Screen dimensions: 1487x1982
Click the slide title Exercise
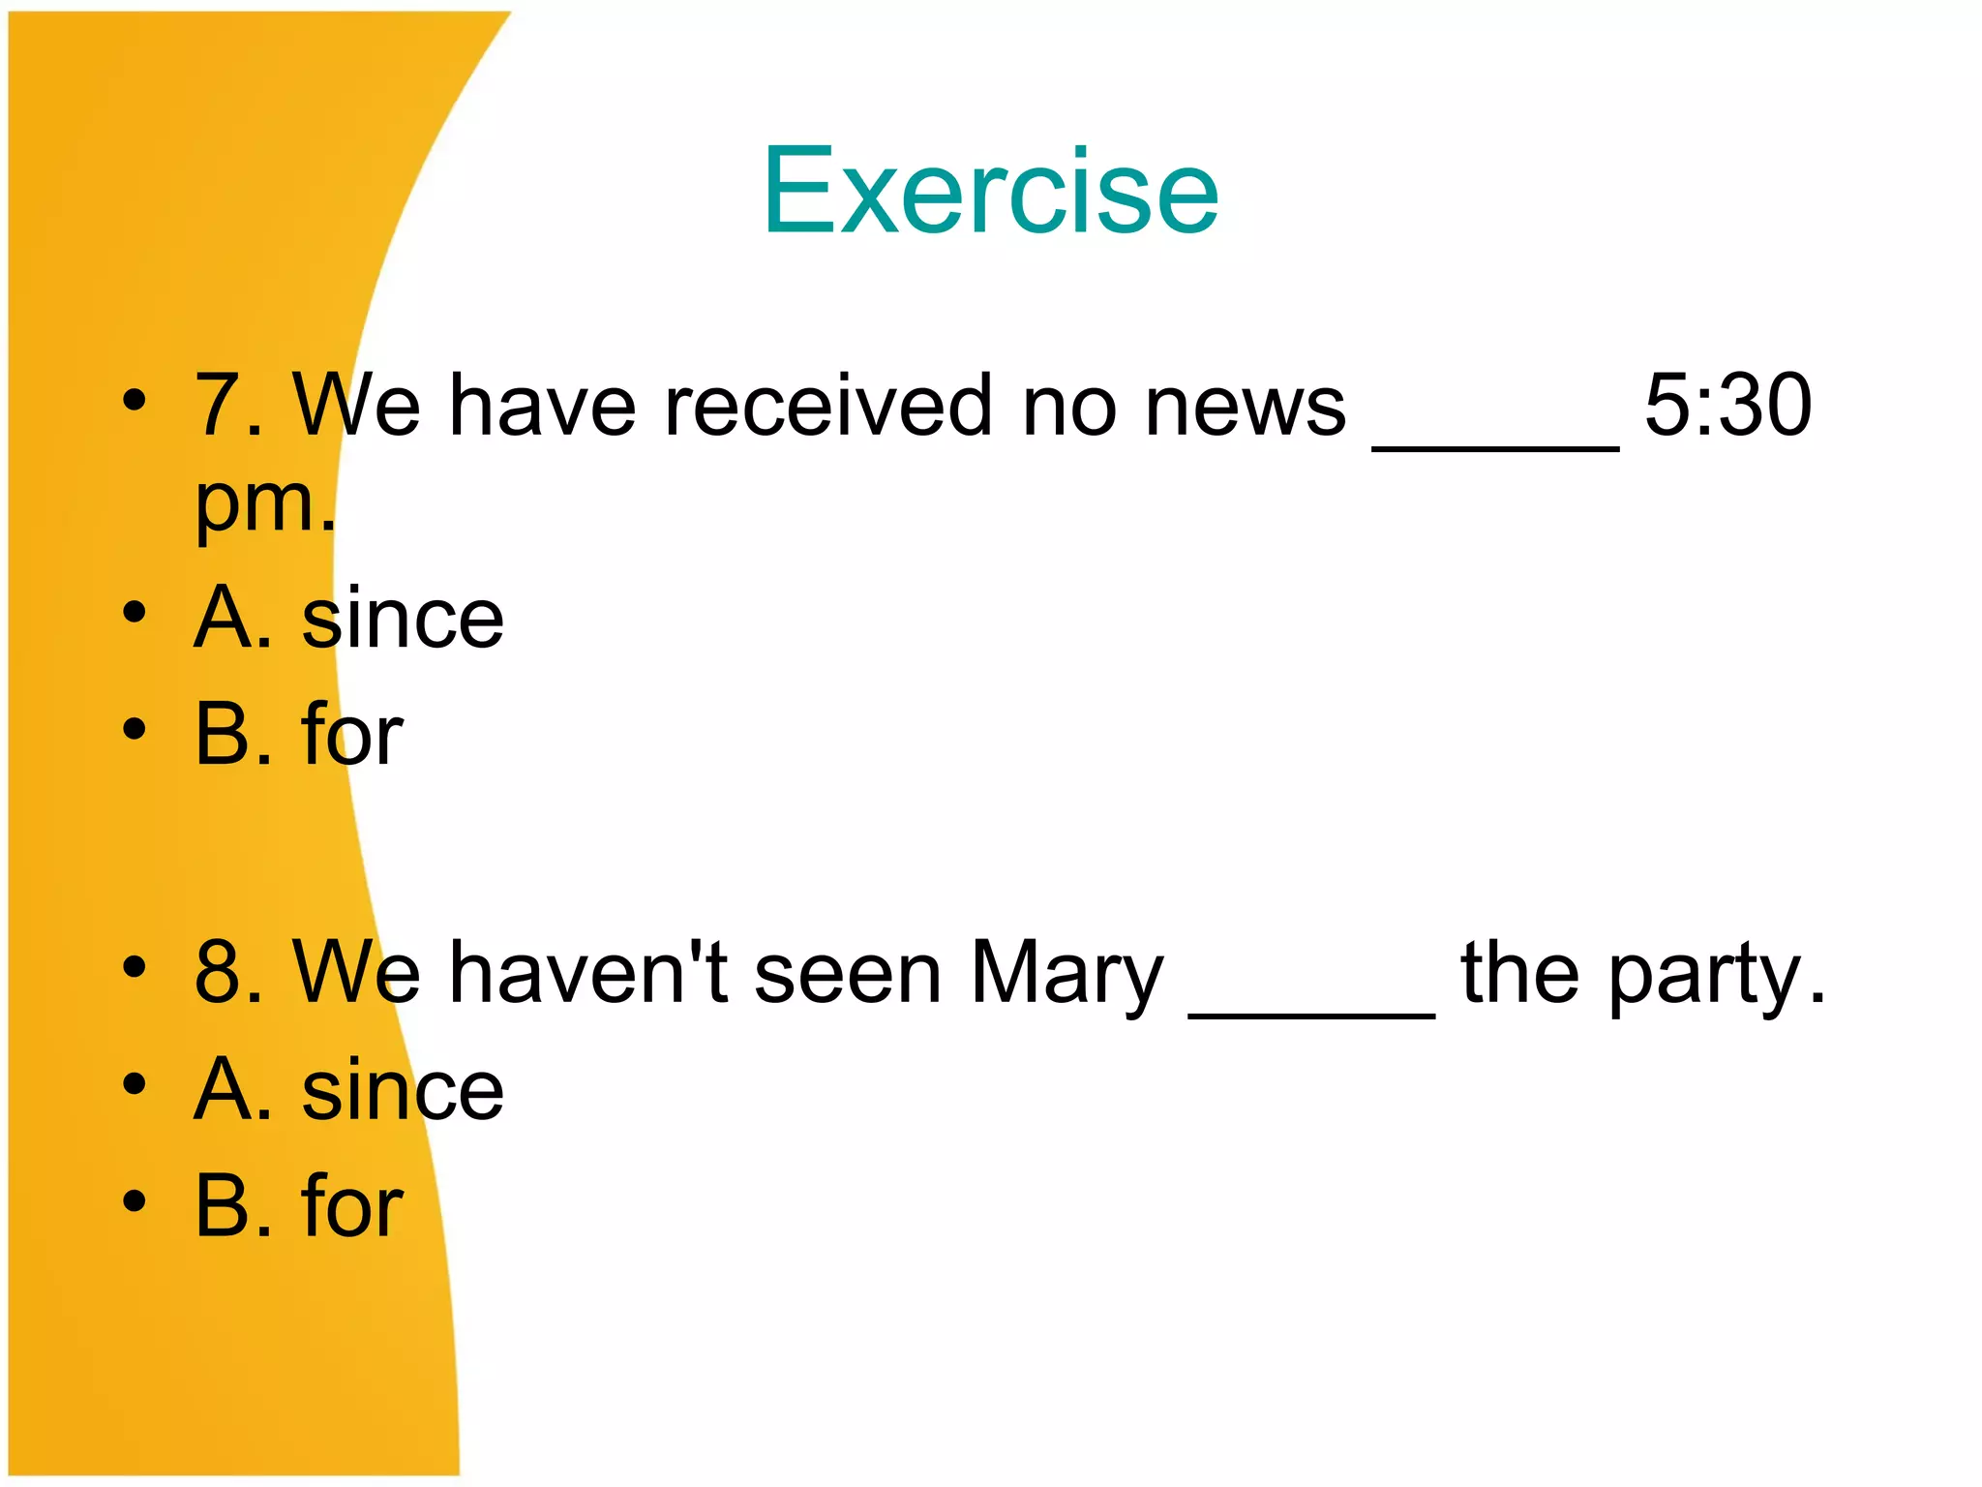pyautogui.click(x=990, y=191)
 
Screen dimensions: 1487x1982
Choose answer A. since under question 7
pyautogui.click(x=348, y=618)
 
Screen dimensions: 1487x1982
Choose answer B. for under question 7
pyautogui.click(x=298, y=735)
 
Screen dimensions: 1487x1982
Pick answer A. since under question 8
pyautogui.click(x=348, y=1090)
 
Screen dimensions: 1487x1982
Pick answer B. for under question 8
pyautogui.click(x=298, y=1206)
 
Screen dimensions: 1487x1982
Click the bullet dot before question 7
pyautogui.click(x=135, y=399)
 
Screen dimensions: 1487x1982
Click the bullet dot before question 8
pyautogui.click(x=135, y=966)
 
